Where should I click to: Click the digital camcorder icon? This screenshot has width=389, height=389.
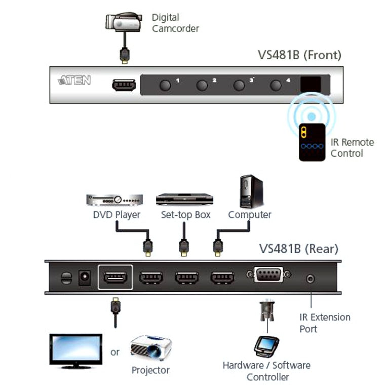pyautogui.click(x=122, y=21)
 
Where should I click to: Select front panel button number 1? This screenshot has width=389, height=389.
pyautogui.click(x=165, y=85)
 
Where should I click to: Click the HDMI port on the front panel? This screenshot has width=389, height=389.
pyautogui.click(x=124, y=85)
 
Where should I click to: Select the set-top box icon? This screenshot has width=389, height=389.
pyautogui.click(x=184, y=199)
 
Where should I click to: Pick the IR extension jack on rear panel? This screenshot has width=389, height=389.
pyautogui.click(x=310, y=278)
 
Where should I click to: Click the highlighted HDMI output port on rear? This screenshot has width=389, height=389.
pyautogui.click(x=115, y=278)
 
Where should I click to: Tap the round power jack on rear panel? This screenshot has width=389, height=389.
pyautogui.click(x=84, y=278)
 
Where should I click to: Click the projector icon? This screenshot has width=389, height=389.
pyautogui.click(x=151, y=348)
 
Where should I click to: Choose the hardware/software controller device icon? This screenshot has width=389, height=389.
pyautogui.click(x=266, y=347)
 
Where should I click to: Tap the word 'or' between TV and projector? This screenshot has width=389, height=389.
pyautogui.click(x=115, y=352)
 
